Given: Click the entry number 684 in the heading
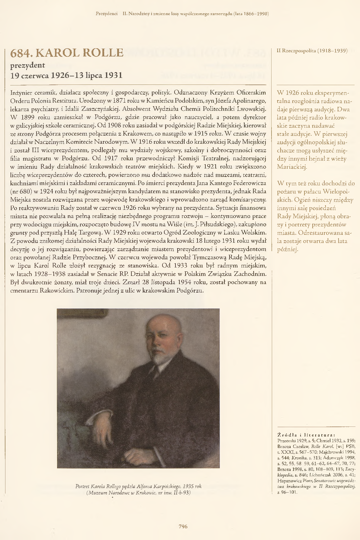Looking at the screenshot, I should (21, 53).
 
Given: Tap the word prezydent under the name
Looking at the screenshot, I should (27, 65).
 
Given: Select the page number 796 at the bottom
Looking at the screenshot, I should (183, 526).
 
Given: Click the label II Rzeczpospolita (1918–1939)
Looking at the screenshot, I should (312, 51).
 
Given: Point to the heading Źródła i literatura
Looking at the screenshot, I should (306, 435).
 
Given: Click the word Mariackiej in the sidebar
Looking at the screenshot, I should (292, 167).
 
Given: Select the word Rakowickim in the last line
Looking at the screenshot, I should (57, 291).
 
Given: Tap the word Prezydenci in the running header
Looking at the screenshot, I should (106, 14).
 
